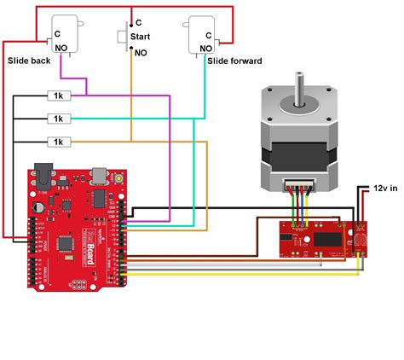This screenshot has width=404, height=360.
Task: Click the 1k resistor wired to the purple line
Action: [x=58, y=96]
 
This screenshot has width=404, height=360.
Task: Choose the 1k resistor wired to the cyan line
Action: [x=58, y=118]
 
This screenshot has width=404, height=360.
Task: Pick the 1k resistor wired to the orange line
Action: [x=58, y=140]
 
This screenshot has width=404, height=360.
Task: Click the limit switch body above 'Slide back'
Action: [x=66, y=34]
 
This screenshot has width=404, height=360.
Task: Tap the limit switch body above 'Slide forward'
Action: [x=199, y=35]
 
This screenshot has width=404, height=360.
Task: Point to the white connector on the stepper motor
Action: [x=299, y=186]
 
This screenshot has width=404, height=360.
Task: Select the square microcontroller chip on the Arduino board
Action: [x=66, y=245]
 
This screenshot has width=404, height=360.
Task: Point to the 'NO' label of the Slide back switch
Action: [x=61, y=49]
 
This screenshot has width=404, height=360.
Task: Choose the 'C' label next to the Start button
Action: [x=139, y=22]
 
